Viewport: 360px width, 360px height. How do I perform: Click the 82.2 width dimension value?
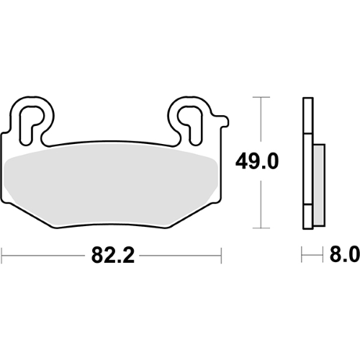112,256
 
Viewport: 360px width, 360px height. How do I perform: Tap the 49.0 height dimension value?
257,161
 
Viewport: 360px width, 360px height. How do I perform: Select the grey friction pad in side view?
320,185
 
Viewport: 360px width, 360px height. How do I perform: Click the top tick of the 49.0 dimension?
261,97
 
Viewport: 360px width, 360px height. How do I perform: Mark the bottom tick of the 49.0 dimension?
261,228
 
